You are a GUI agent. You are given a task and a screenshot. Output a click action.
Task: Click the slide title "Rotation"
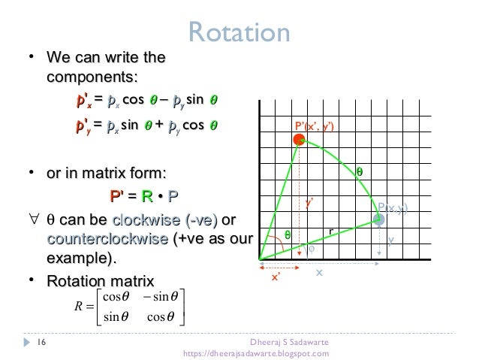(239, 32)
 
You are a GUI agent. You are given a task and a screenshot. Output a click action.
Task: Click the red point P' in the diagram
(299, 140)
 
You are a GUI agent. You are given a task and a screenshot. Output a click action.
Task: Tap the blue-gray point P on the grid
(379, 219)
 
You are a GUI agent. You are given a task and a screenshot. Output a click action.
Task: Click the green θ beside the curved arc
(359, 171)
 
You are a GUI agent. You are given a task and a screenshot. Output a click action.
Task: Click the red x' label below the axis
(276, 277)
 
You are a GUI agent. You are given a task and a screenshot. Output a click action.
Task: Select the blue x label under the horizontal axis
(318, 273)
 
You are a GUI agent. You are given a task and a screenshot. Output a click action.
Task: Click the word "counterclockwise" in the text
(107, 239)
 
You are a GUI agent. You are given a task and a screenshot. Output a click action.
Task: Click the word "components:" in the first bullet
(92, 77)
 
